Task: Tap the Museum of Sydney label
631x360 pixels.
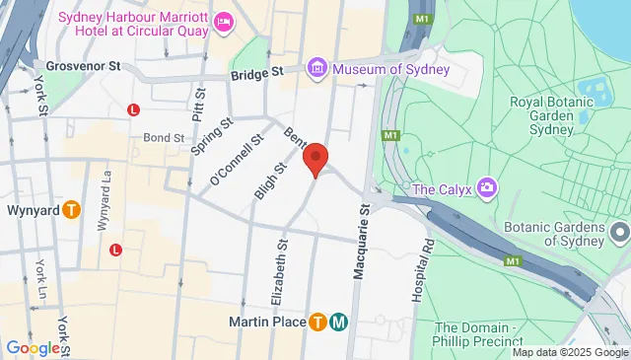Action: tap(390, 69)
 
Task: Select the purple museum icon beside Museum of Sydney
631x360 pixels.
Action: tap(317, 69)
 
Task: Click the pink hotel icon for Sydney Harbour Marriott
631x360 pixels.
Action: tap(224, 20)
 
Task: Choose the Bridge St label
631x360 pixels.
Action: tap(256, 73)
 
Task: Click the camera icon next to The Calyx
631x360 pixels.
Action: tap(485, 187)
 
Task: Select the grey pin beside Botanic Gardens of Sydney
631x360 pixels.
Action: tap(620, 233)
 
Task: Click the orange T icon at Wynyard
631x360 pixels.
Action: tap(71, 209)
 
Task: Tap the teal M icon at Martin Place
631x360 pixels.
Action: tap(338, 322)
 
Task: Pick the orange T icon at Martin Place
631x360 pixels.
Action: tap(317, 322)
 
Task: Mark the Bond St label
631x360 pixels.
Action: tap(163, 138)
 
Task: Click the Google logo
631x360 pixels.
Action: tap(33, 347)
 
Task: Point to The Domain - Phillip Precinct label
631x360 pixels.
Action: tap(484, 334)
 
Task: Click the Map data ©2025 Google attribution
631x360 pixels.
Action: tap(570, 352)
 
